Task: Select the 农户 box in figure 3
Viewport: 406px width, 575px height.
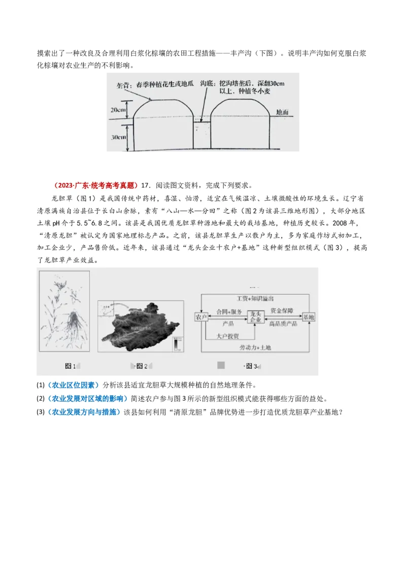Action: tap(201, 317)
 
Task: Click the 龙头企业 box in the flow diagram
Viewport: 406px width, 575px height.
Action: tap(255, 317)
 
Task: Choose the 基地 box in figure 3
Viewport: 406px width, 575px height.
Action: tap(309, 317)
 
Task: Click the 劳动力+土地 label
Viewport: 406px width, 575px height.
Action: tap(255, 347)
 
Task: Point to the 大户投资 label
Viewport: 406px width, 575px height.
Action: tap(227, 336)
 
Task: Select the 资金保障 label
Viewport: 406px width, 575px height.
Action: tap(281, 310)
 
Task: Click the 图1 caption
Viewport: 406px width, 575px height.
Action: tap(70, 366)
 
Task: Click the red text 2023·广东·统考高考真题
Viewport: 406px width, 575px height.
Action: tap(95, 185)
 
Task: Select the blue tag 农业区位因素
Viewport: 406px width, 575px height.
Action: tap(74, 385)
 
